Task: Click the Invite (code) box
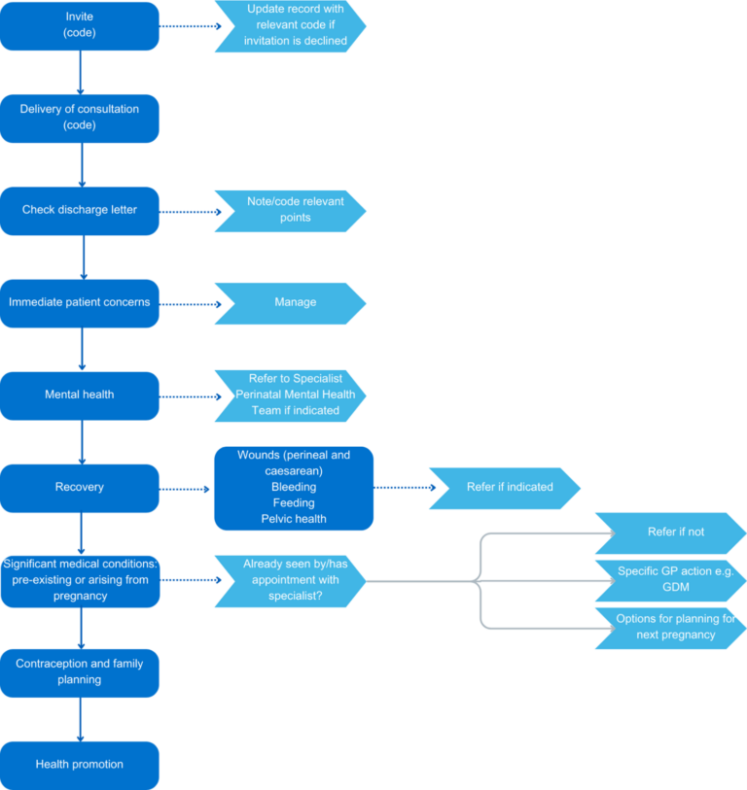pyautogui.click(x=80, y=26)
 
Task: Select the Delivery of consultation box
pyautogui.click(x=80, y=118)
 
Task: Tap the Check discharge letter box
pyautogui.click(x=80, y=210)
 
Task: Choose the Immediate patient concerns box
pyautogui.click(x=80, y=302)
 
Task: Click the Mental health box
pyautogui.click(x=80, y=395)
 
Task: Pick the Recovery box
pyautogui.click(x=80, y=488)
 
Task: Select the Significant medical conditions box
pyautogui.click(x=80, y=580)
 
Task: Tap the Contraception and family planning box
pyautogui.click(x=80, y=672)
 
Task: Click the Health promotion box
pyautogui.click(x=80, y=765)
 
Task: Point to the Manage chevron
pyautogui.click(x=292, y=302)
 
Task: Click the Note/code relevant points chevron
pyautogui.click(x=292, y=210)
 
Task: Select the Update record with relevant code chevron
pyautogui.click(x=292, y=26)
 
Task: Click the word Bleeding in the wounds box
pyautogui.click(x=293, y=487)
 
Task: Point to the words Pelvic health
pyautogui.click(x=293, y=519)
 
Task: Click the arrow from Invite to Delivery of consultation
pyautogui.click(x=81, y=72)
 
